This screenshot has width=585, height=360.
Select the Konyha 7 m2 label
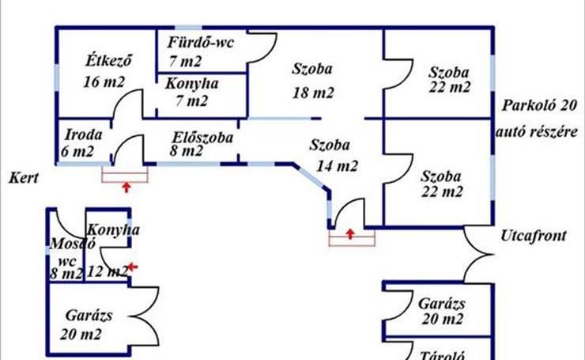191,91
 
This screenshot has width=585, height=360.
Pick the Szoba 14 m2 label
332,155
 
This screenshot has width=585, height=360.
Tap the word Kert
24,177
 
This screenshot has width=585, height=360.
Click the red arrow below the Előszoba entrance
126,188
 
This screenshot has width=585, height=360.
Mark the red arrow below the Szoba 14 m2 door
351,233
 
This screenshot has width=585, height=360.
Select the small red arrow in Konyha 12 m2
132,267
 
